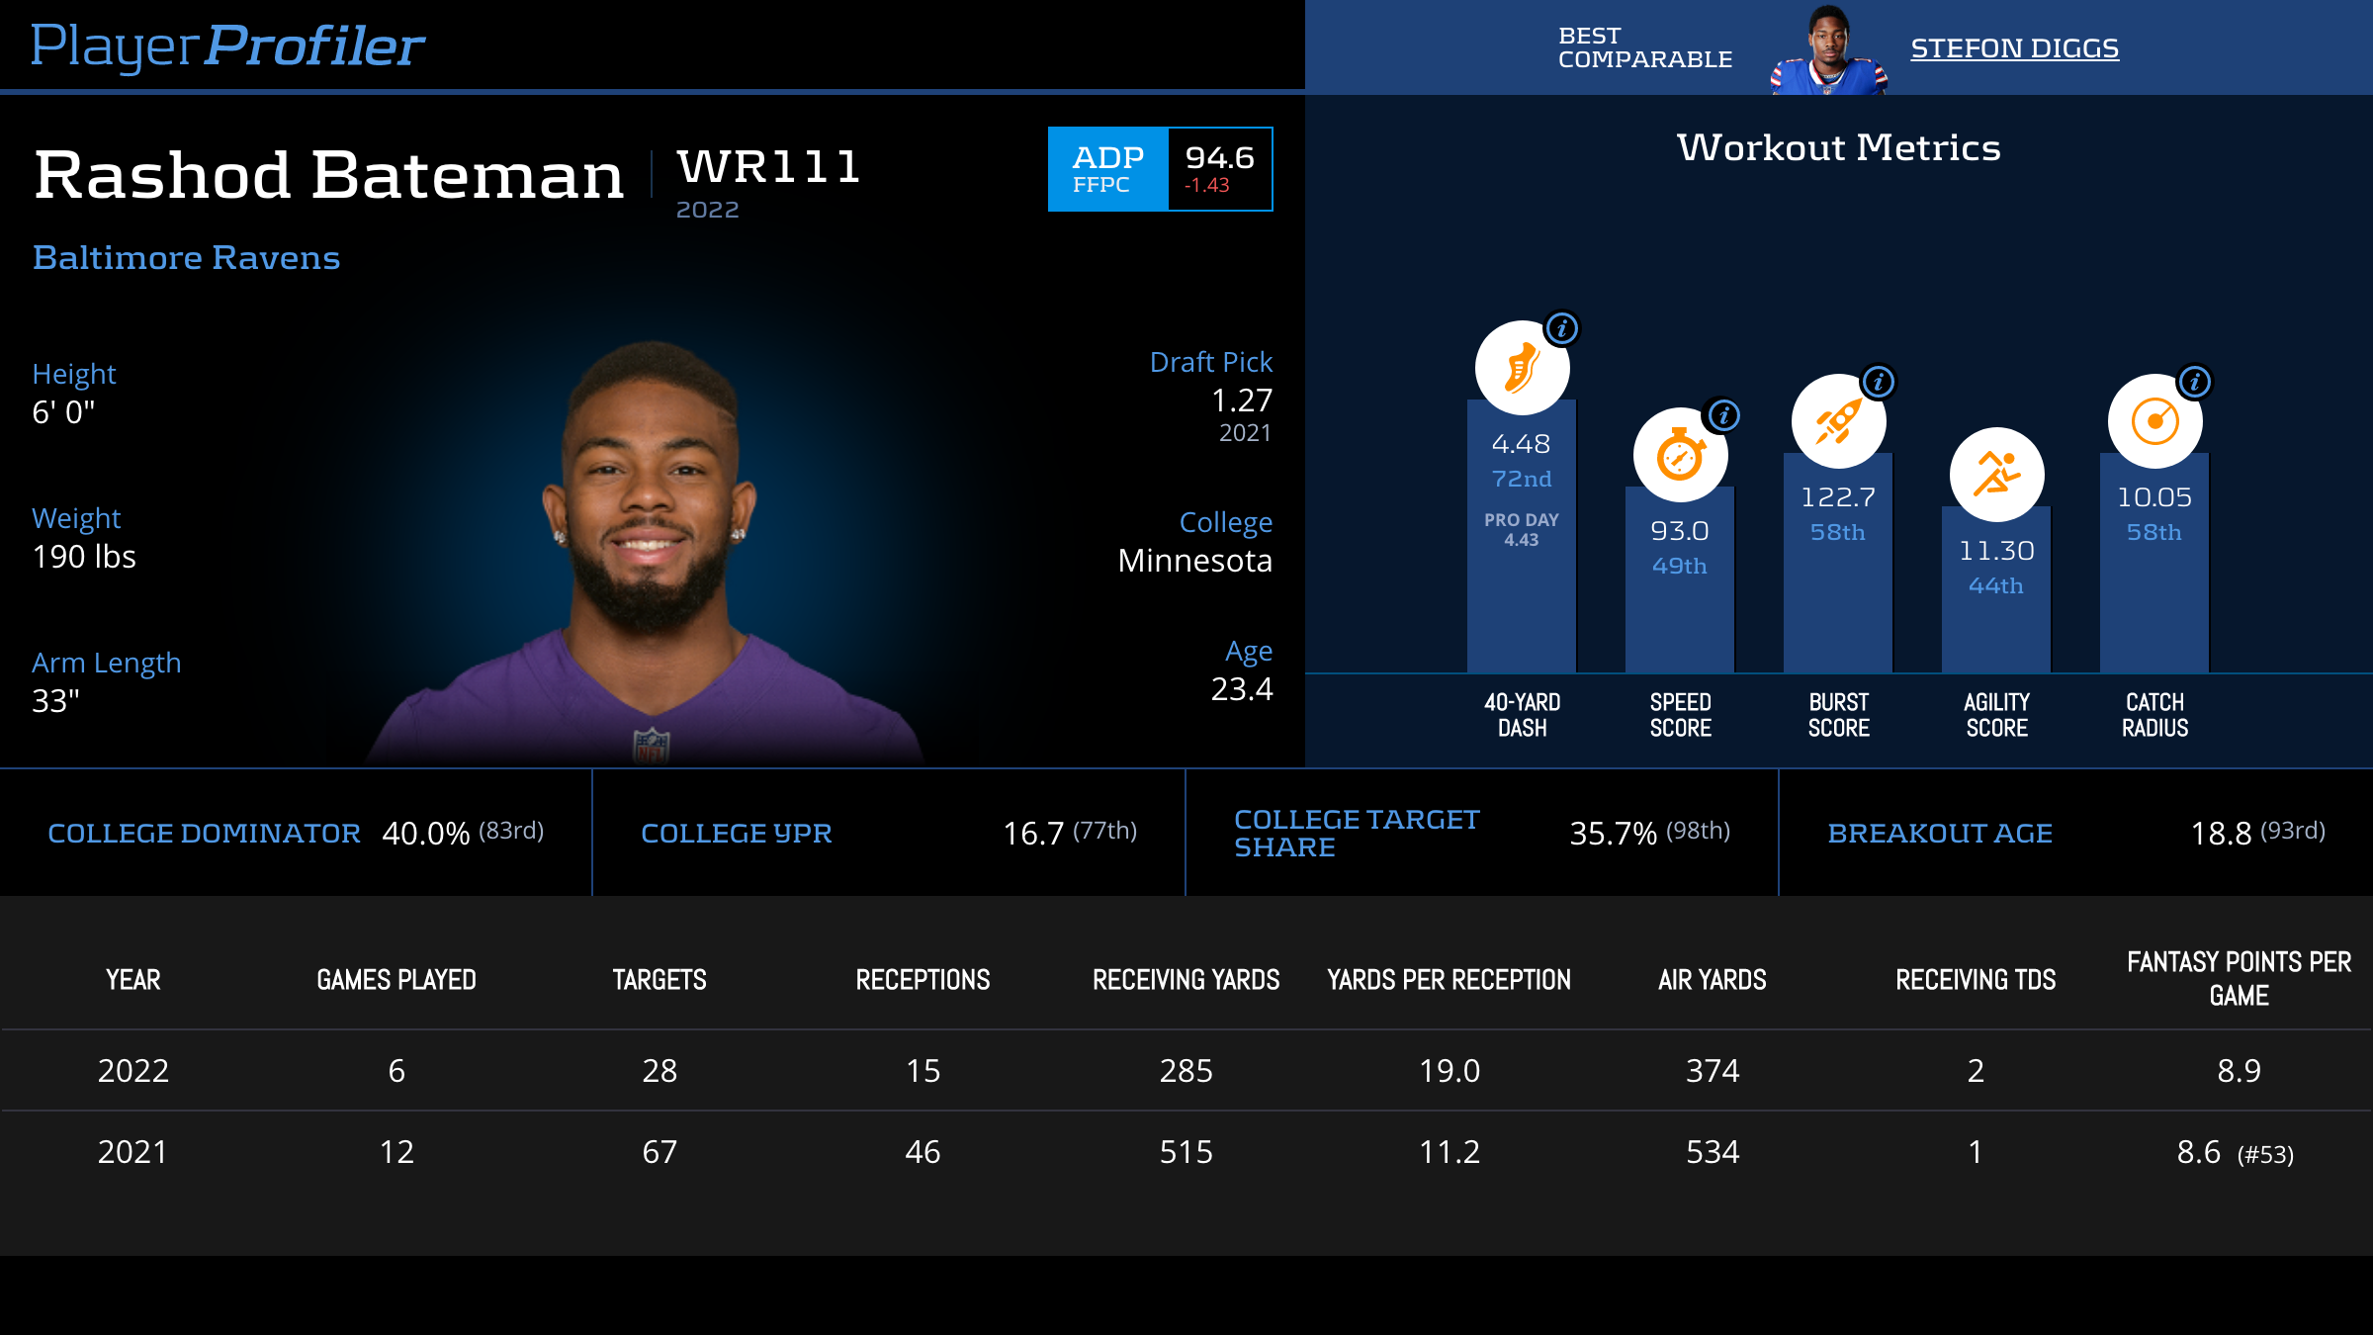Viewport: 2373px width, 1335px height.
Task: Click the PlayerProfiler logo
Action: coord(227,45)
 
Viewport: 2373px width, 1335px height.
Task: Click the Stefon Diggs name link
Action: coord(2014,48)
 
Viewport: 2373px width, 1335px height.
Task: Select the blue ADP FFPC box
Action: coord(1107,169)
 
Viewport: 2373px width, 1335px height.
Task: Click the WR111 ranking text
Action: coord(768,166)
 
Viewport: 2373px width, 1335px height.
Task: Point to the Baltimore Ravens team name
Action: coord(186,257)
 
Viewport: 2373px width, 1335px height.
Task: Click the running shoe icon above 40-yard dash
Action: coord(1522,368)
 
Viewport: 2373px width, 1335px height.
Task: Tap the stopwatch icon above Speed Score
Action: coord(1680,455)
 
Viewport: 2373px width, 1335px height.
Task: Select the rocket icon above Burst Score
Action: coord(1838,421)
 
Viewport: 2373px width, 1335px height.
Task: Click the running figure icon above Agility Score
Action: coord(1996,475)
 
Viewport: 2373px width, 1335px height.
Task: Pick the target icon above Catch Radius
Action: coord(2154,421)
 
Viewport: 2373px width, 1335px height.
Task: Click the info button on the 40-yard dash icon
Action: coord(1562,328)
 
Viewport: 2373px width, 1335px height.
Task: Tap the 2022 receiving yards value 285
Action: coord(1186,1071)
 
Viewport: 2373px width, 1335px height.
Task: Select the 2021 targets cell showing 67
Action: coord(659,1152)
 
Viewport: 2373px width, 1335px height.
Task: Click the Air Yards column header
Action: coord(1712,980)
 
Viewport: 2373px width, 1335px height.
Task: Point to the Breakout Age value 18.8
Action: coord(2221,834)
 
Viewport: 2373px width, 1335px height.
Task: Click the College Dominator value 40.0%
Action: coord(425,834)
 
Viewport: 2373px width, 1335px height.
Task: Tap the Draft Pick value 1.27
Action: coord(1242,400)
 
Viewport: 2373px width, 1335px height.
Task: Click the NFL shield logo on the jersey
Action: coord(652,746)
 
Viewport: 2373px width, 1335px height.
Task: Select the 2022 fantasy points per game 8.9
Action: coord(2239,1071)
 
